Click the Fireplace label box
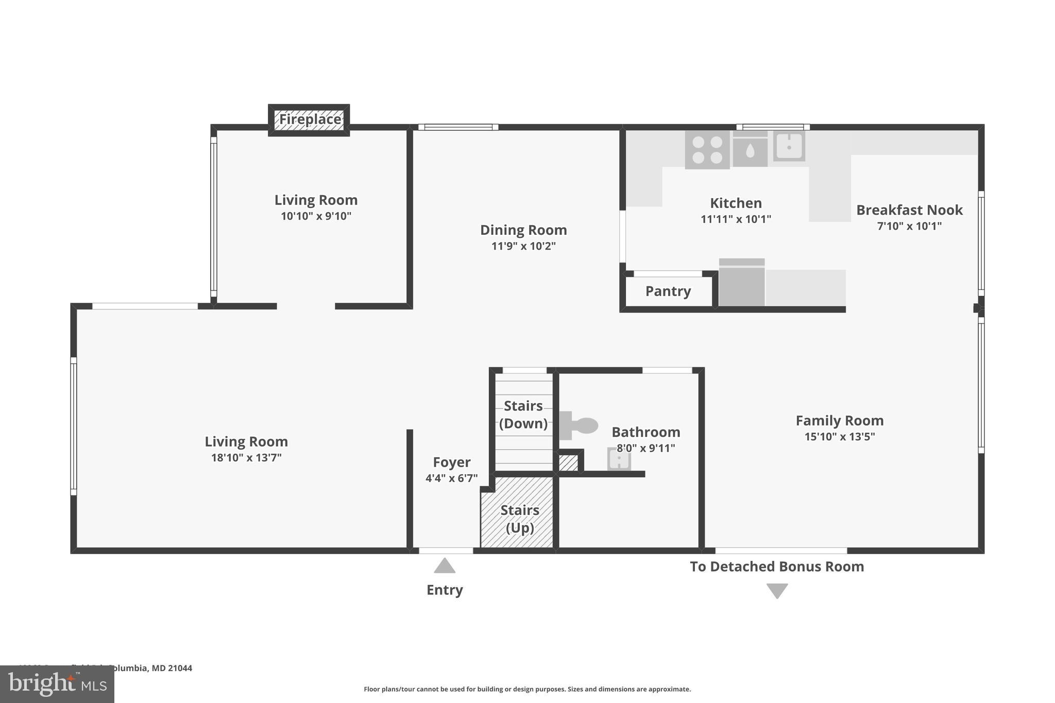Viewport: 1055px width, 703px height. (x=309, y=119)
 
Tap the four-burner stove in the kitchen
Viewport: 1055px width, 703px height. (x=707, y=149)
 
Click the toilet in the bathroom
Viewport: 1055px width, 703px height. (x=578, y=425)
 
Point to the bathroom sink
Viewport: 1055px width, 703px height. (x=619, y=459)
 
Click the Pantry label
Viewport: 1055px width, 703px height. (x=668, y=292)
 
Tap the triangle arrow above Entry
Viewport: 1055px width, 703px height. (x=445, y=566)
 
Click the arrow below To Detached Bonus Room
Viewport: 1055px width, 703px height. (x=777, y=590)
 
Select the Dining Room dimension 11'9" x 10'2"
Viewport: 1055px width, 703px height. (x=523, y=246)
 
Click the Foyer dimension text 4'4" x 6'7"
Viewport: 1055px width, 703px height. (x=451, y=478)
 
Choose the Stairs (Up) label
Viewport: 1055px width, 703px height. (x=519, y=519)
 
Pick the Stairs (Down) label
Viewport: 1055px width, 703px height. (x=523, y=415)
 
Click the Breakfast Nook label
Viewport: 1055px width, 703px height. (x=909, y=210)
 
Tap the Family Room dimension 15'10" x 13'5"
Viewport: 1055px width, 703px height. (x=840, y=437)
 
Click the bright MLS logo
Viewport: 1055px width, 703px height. (x=57, y=684)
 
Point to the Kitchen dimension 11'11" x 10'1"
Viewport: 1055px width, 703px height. (x=736, y=219)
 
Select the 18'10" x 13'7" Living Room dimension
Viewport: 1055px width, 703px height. (x=246, y=458)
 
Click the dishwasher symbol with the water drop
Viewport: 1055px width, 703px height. (x=750, y=149)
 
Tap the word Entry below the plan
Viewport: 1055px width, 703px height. (x=445, y=590)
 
